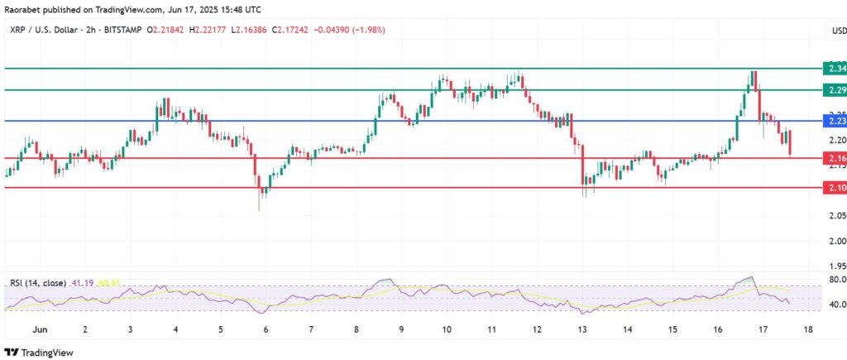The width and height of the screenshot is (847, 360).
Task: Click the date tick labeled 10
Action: pos(447,329)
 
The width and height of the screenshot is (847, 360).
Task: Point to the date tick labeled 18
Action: pos(808,329)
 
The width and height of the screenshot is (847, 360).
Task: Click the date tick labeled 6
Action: pos(266,329)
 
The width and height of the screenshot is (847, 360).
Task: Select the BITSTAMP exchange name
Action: pos(122,30)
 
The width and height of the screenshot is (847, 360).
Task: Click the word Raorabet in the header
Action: pos(23,10)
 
